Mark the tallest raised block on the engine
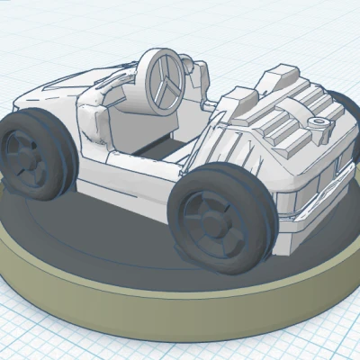(279, 76)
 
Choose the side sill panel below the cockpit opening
(135, 180)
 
